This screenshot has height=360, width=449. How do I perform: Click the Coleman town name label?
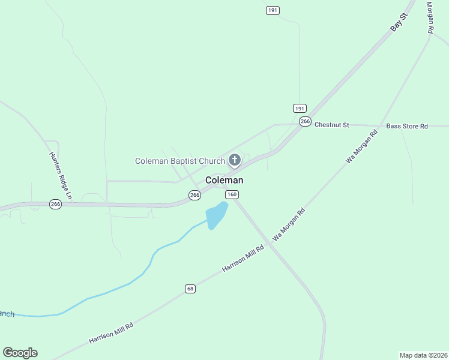tap(224, 180)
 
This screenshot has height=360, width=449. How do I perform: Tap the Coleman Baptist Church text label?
tap(179, 161)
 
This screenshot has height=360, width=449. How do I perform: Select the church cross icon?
tap(235, 160)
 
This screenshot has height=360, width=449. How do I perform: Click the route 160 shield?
tap(232, 194)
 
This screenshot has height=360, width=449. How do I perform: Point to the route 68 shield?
tap(190, 289)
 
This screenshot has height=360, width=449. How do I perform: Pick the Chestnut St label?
tap(331, 125)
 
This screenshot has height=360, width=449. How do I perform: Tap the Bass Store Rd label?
tap(407, 126)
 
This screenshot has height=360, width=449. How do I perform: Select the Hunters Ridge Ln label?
tap(60, 175)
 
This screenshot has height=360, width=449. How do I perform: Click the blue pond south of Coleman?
tap(215, 215)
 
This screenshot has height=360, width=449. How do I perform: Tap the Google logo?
tap(20, 353)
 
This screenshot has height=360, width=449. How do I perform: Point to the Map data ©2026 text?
tap(423, 355)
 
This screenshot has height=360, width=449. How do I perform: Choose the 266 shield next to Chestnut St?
tap(305, 122)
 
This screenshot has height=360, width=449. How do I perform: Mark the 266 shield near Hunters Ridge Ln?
tap(55, 204)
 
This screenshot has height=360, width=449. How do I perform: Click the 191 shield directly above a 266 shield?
tap(300, 108)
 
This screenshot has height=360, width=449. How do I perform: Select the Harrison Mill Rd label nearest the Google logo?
tap(110, 332)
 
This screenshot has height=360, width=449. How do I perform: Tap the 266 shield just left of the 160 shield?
tap(194, 195)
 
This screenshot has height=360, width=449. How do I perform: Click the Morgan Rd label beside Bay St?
tap(430, 17)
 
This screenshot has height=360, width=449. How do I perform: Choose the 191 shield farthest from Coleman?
tap(273, 10)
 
